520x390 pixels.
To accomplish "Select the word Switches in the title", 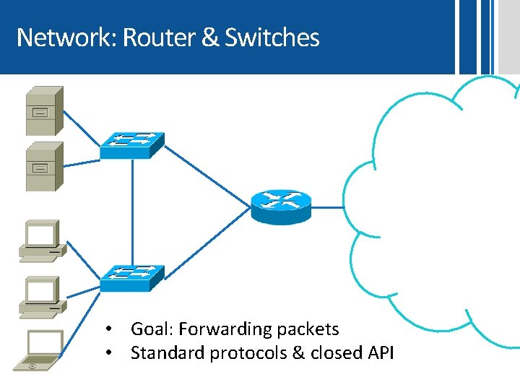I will [x=272, y=37].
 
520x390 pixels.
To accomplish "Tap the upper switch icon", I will [x=131, y=144].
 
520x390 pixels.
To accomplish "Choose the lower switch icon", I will [x=131, y=277].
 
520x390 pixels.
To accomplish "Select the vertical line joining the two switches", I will [x=131, y=209].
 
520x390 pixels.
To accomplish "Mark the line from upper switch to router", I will [x=206, y=177].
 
